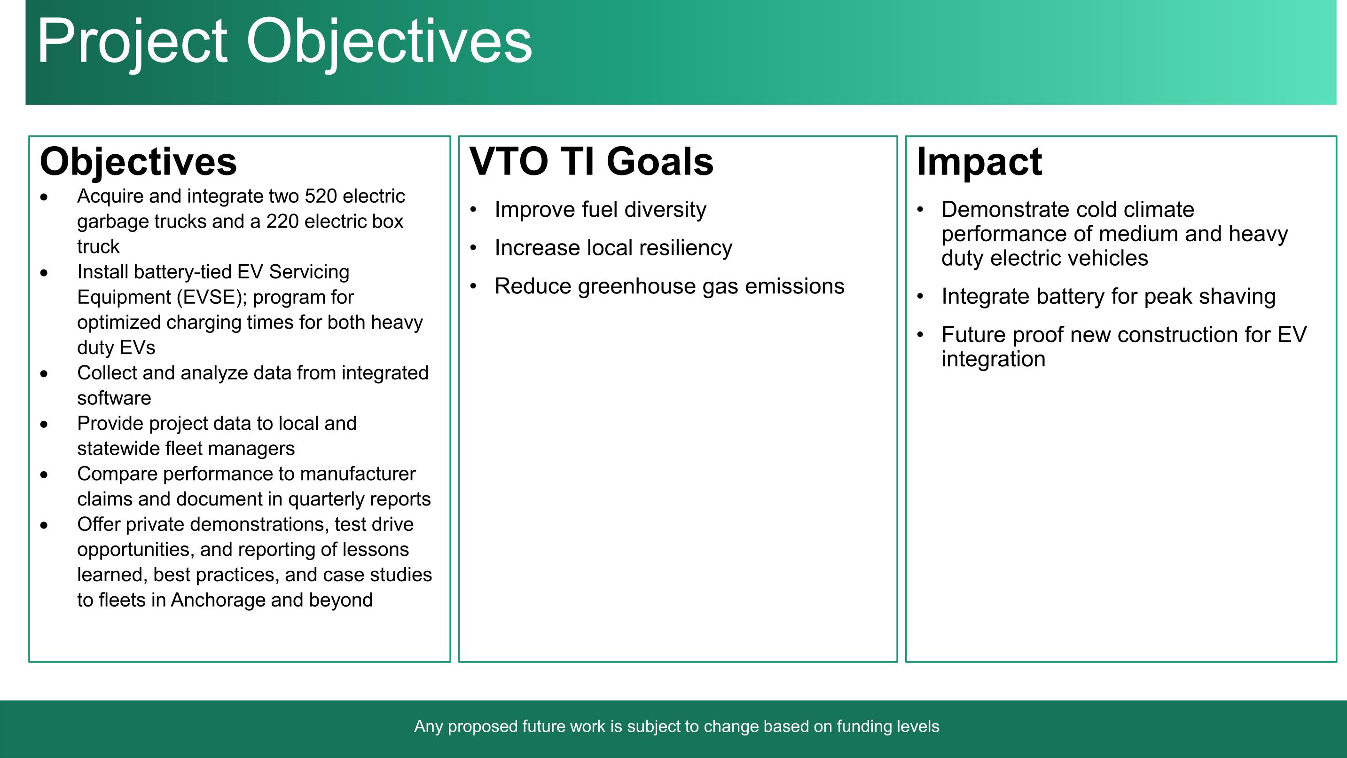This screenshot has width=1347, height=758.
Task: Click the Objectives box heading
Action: (139, 162)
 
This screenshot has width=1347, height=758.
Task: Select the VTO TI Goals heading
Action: (591, 161)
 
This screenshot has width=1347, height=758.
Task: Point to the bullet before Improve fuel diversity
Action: (474, 210)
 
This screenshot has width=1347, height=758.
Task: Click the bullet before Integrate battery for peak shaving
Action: (920, 297)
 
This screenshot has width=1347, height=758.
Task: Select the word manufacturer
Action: (358, 474)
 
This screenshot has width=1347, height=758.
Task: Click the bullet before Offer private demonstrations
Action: (44, 525)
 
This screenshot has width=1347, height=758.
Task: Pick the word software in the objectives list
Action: (114, 399)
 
